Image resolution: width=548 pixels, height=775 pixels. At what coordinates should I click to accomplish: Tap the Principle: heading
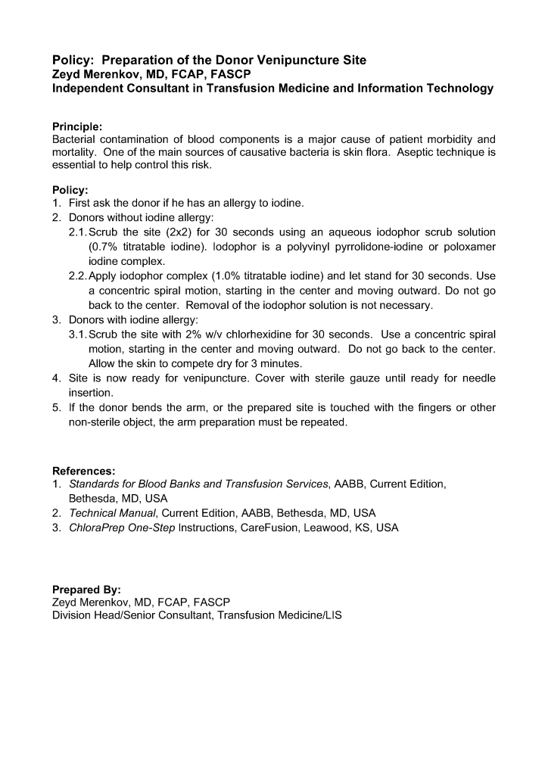76,126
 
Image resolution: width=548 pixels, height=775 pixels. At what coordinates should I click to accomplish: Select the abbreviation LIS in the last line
333,616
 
